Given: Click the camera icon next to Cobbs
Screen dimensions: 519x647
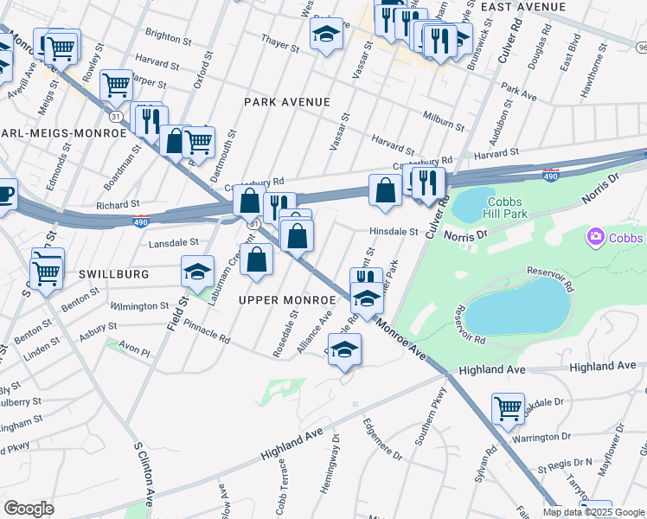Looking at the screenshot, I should tap(595, 237).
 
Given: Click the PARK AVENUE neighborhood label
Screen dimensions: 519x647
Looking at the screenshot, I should tap(286, 102).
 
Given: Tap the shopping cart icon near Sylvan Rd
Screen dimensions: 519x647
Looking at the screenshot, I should tap(508, 407).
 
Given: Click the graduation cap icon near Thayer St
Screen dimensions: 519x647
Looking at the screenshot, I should tap(326, 35).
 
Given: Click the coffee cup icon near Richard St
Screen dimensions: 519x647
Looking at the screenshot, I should tap(4, 194).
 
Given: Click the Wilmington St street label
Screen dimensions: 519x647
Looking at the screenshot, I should tap(139, 306).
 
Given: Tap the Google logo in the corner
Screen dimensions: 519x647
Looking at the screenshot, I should tap(29, 508).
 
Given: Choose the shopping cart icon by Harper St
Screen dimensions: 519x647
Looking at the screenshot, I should tap(116, 85).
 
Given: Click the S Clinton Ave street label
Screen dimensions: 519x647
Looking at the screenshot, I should tap(144, 476).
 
